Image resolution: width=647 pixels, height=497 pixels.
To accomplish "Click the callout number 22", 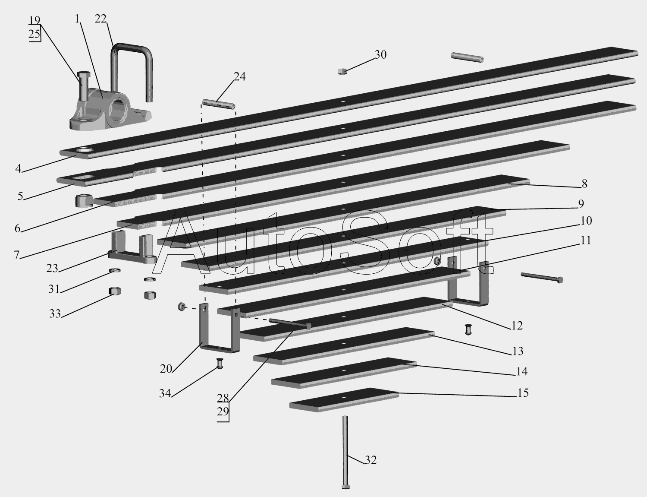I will (x=101, y=19).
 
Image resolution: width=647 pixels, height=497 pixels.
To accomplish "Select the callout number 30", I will (x=380, y=55).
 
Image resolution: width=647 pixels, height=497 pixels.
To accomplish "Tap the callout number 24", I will (x=240, y=76).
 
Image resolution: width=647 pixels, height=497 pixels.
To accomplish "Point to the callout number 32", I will (x=371, y=460).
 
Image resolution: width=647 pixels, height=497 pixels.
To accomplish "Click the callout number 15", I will (x=523, y=393).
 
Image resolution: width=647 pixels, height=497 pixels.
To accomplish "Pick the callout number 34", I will (x=165, y=393).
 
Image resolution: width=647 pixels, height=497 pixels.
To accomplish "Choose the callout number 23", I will (x=52, y=269).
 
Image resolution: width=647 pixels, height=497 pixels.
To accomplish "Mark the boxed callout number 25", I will (x=35, y=34).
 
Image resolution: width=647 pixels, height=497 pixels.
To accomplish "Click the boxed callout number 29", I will (x=223, y=412).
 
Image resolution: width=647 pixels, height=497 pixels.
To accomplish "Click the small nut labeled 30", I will (x=342, y=71).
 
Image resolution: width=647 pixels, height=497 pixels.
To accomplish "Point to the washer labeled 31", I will (x=115, y=271).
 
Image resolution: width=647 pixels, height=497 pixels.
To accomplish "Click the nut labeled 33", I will (x=114, y=291).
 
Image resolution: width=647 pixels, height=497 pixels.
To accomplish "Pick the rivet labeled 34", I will (x=220, y=364).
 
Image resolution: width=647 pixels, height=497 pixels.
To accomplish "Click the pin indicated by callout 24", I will (x=219, y=104).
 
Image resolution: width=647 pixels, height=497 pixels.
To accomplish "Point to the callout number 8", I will (x=584, y=184).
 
